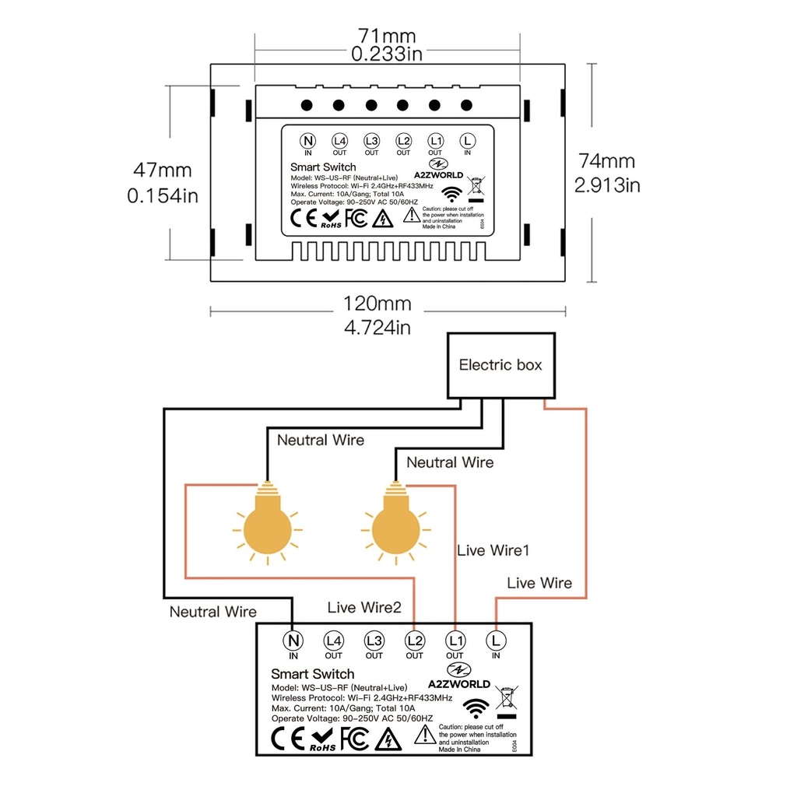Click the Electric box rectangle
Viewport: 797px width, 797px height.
coord(500,365)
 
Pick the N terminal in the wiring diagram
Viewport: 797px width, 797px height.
coord(293,641)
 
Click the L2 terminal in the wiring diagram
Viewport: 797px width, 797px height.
coord(415,641)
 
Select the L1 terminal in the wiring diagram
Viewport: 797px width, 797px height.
coord(455,641)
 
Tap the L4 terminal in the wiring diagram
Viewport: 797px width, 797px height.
coord(334,641)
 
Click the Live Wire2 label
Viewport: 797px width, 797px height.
coord(364,607)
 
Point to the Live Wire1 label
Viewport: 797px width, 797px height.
coord(493,550)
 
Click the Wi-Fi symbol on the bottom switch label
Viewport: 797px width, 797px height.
coord(476,707)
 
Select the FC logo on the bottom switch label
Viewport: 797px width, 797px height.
coord(353,738)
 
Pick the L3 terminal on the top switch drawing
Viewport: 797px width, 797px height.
coord(371,141)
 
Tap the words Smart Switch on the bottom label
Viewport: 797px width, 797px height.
coord(312,674)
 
